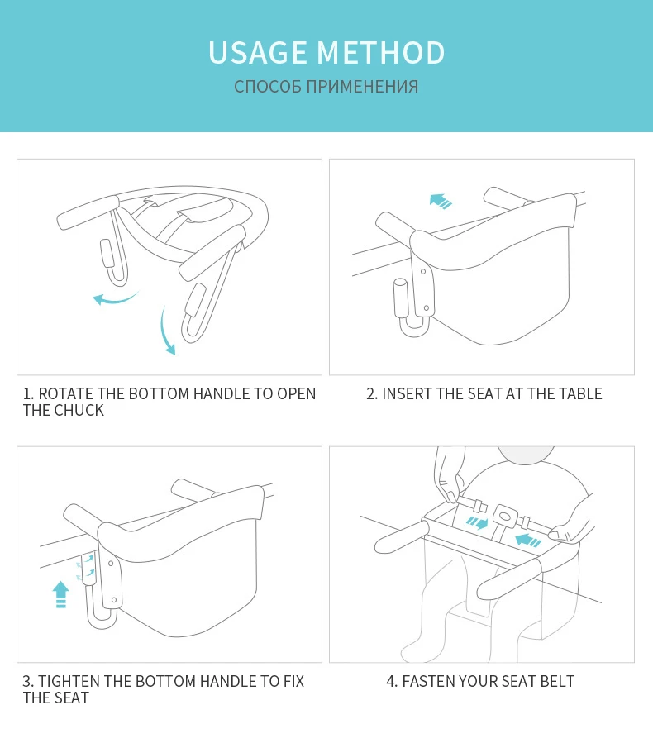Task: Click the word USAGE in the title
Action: pyautogui.click(x=258, y=52)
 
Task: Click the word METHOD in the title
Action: pyautogui.click(x=380, y=52)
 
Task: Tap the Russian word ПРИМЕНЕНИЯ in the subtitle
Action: pyautogui.click(x=363, y=87)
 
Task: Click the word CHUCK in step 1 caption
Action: pyautogui.click(x=79, y=411)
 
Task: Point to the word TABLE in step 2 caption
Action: pyautogui.click(x=580, y=393)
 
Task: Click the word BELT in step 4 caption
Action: pyautogui.click(x=557, y=681)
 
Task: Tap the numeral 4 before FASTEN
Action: pyautogui.click(x=390, y=681)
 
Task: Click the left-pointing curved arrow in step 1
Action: pyautogui.click(x=115, y=299)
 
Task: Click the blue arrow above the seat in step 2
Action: pyautogui.click(x=441, y=201)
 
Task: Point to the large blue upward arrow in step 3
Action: pyautogui.click(x=60, y=594)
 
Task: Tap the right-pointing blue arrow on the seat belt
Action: pyautogui.click(x=477, y=523)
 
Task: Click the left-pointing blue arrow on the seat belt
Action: pyautogui.click(x=527, y=541)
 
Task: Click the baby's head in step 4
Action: pyautogui.click(x=526, y=454)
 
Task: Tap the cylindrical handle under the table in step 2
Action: pyautogui.click(x=400, y=298)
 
